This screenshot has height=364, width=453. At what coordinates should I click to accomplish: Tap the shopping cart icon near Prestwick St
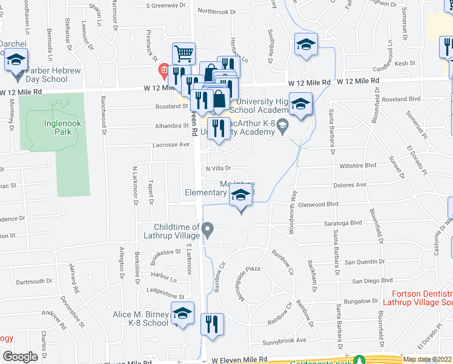coord(184,53)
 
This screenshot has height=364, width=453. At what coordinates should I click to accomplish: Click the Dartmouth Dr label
coord(35,281)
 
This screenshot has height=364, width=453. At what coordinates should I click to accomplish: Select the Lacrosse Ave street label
coord(173,145)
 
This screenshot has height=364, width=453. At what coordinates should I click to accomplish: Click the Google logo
coord(20,356)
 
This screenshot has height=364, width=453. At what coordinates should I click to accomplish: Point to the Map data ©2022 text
coord(428,359)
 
